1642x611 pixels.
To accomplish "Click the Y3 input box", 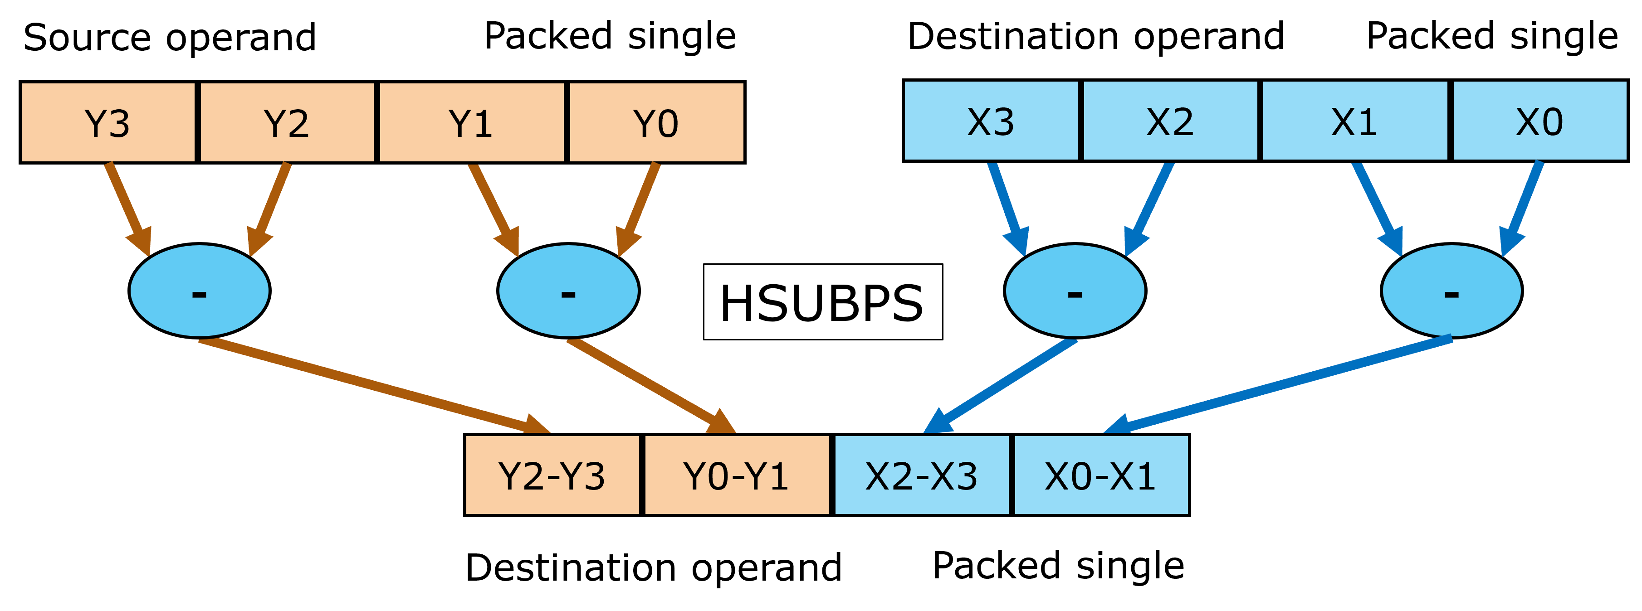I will click(x=108, y=122).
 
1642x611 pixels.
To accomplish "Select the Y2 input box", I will click(x=287, y=122).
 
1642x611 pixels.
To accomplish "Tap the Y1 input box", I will click(x=472, y=122).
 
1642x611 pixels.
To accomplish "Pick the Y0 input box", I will click(x=656, y=122).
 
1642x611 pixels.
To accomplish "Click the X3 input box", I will click(x=991, y=121).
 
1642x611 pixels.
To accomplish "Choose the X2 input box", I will click(x=1170, y=121).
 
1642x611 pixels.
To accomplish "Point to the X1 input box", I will click(x=1354, y=121).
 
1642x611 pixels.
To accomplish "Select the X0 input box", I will click(x=1540, y=121).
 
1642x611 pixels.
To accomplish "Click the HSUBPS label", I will click(x=822, y=302).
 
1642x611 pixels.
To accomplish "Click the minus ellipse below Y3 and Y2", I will click(x=200, y=291).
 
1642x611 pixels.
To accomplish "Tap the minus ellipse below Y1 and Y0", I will click(x=568, y=291).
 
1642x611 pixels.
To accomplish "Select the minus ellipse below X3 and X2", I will click(x=1075, y=291).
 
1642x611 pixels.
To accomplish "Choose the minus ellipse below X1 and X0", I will click(x=1451, y=291).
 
